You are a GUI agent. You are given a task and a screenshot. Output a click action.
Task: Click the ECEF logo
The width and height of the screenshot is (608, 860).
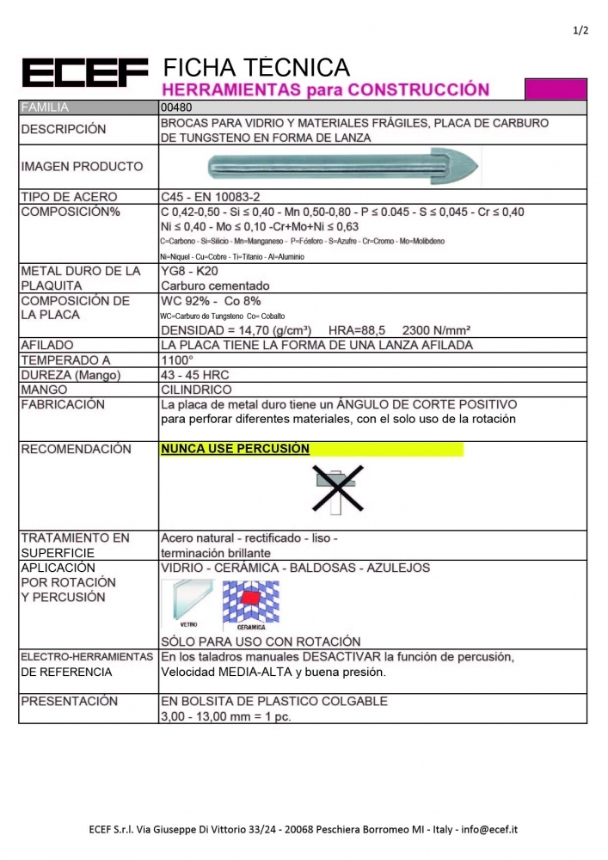(x=84, y=73)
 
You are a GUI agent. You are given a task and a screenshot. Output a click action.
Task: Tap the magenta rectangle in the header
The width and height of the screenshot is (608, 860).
(x=556, y=89)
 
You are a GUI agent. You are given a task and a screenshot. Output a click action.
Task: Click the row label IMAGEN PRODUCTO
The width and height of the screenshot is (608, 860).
(x=82, y=166)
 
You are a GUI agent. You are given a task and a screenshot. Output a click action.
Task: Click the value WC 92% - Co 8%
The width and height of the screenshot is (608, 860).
(x=211, y=301)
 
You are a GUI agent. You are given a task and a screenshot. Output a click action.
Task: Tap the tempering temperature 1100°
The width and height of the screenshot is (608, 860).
(x=177, y=360)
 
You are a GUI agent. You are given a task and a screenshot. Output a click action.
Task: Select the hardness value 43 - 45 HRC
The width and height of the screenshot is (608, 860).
(x=195, y=375)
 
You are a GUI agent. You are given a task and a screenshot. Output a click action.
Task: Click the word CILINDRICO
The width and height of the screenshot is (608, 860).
(x=197, y=390)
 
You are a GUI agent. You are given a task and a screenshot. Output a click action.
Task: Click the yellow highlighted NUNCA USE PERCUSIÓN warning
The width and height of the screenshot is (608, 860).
(x=235, y=449)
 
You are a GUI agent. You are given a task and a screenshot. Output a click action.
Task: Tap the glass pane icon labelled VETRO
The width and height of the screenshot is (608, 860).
(x=186, y=602)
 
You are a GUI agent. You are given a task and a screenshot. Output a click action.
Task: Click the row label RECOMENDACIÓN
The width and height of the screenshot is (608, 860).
(x=76, y=449)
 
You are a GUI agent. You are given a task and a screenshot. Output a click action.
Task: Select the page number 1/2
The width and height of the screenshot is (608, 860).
(x=580, y=31)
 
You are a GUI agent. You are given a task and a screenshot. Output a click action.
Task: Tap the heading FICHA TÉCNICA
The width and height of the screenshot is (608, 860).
(x=256, y=67)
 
